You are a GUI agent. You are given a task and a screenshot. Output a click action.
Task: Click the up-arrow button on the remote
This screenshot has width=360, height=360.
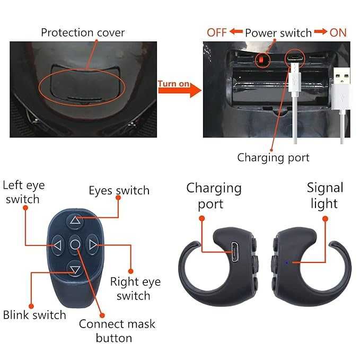pyautogui.click(x=75, y=221)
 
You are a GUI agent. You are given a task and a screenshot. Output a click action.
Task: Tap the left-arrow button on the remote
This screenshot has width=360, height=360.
pyautogui.click(x=57, y=245)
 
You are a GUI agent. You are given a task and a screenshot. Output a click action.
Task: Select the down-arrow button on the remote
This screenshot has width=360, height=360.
pyautogui.click(x=75, y=269)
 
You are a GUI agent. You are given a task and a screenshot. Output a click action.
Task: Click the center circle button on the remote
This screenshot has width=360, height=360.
pyautogui.click(x=75, y=244)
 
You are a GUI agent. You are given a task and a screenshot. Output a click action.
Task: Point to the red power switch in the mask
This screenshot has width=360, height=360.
pyautogui.click(x=262, y=60)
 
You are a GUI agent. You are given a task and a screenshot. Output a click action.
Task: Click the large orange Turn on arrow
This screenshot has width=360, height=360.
pyautogui.click(x=180, y=89)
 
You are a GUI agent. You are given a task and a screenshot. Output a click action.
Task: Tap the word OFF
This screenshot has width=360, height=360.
pyautogui.click(x=216, y=32)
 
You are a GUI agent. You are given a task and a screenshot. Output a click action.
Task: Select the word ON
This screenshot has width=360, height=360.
pyautogui.click(x=338, y=32)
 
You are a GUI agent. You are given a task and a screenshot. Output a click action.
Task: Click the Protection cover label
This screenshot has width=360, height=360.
pyautogui.click(x=83, y=32)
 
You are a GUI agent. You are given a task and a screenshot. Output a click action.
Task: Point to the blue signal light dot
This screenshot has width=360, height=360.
pyautogui.click(x=286, y=262)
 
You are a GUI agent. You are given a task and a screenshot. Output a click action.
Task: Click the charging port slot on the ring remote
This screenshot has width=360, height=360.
pyautogui.click(x=234, y=252)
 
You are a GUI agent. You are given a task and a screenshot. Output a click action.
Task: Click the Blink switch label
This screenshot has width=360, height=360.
pyautogui.click(x=34, y=315)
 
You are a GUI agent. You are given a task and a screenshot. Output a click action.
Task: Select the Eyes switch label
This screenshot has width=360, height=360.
pyautogui.click(x=119, y=190)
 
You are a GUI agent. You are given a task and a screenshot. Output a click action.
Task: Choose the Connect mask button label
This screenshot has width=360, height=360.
pyautogui.click(x=117, y=331)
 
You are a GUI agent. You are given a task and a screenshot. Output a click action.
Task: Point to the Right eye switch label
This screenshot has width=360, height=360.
pyautogui.click(x=135, y=288)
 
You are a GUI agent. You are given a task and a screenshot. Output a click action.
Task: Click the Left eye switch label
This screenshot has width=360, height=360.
pyautogui.click(x=24, y=192)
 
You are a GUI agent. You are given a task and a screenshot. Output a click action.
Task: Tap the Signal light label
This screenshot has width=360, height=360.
pyautogui.click(x=324, y=196)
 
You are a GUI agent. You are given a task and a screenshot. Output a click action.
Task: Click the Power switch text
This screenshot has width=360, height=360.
pyautogui.click(x=278, y=33)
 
